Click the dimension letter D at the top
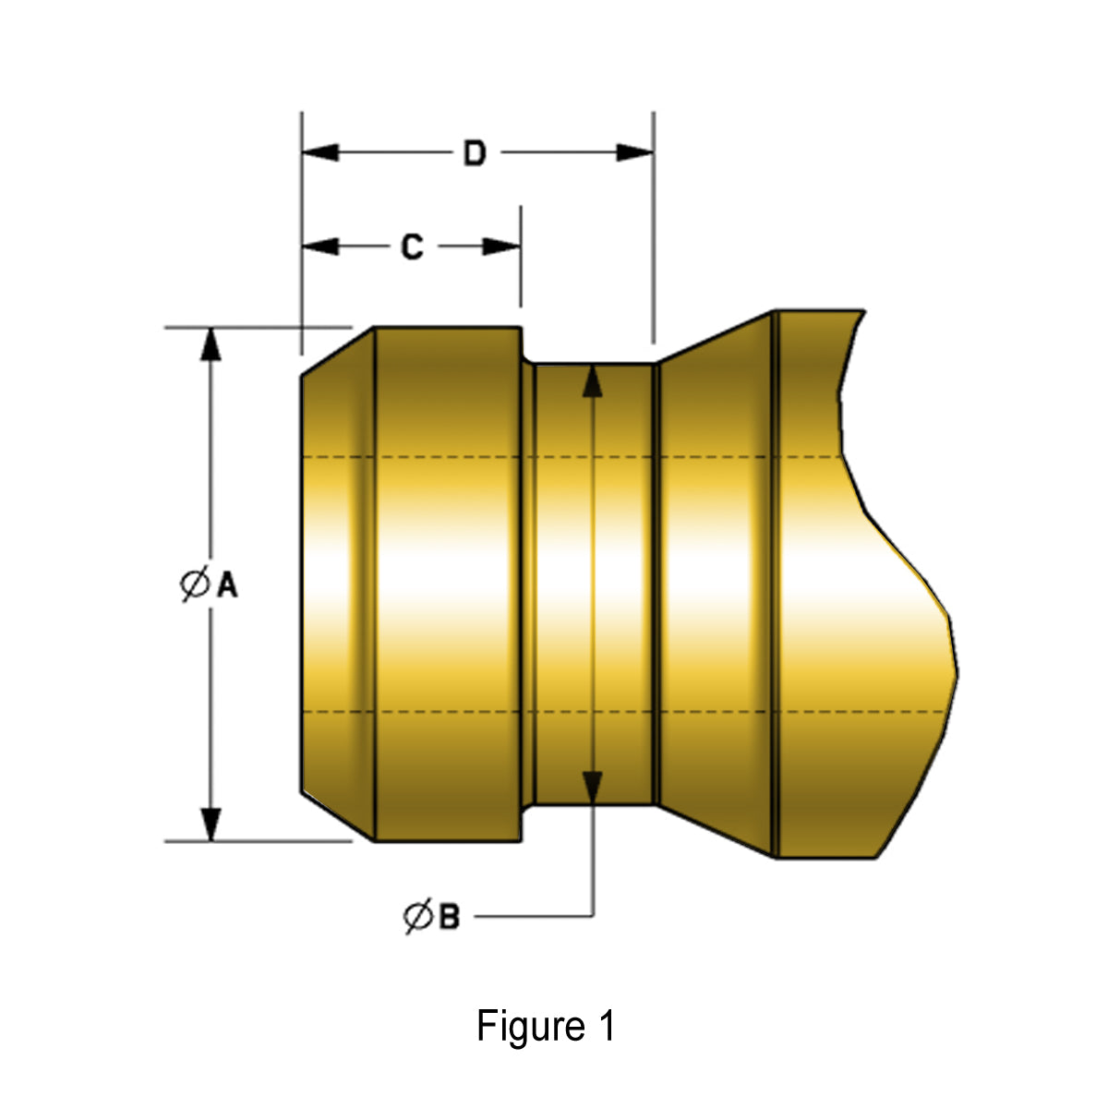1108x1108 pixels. (x=474, y=153)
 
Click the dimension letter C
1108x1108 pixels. (x=412, y=247)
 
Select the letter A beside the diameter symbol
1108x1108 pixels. (x=226, y=584)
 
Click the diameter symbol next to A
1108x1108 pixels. (x=195, y=584)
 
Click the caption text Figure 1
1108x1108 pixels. (x=545, y=1026)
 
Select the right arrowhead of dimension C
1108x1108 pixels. (x=502, y=247)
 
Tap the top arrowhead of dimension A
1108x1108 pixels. (x=211, y=345)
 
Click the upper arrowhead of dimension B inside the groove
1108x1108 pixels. (x=593, y=380)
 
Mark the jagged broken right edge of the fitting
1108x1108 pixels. (x=900, y=554)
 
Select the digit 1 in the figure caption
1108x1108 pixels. (x=606, y=1026)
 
